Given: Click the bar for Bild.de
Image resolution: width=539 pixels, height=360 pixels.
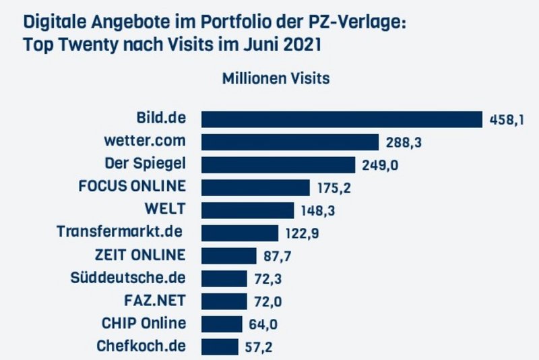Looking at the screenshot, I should pyautogui.click(x=342, y=119).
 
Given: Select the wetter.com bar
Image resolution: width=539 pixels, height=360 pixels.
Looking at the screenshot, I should pyautogui.click(x=290, y=142).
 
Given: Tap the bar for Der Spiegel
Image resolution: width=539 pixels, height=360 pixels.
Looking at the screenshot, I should pyautogui.click(x=278, y=165).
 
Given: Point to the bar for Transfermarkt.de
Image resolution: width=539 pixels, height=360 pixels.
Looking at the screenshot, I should pyautogui.click(x=240, y=233).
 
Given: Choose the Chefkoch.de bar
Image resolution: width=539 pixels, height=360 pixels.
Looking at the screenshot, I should pyautogui.click(x=220, y=347).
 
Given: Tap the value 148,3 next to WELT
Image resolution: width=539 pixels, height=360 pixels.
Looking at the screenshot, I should pyautogui.click(x=318, y=211).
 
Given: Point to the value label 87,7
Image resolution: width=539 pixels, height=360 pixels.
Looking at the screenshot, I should pyautogui.click(x=276, y=257).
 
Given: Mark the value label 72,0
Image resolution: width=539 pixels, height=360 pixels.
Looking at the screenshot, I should pyautogui.click(x=267, y=302).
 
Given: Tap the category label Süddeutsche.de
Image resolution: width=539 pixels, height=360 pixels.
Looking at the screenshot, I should pyautogui.click(x=128, y=278).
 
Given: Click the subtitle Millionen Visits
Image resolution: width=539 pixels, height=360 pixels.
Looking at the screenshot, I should pyautogui.click(x=276, y=79).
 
